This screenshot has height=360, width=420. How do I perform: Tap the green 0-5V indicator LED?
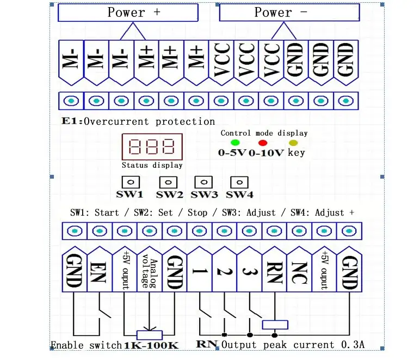[235, 142]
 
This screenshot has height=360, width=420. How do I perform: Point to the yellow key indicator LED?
[294, 142]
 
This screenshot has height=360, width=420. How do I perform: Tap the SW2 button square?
[168, 182]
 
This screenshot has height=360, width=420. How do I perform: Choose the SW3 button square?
[203, 182]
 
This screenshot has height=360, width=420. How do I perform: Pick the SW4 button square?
[239, 182]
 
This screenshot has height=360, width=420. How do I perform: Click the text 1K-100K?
[151, 345]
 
